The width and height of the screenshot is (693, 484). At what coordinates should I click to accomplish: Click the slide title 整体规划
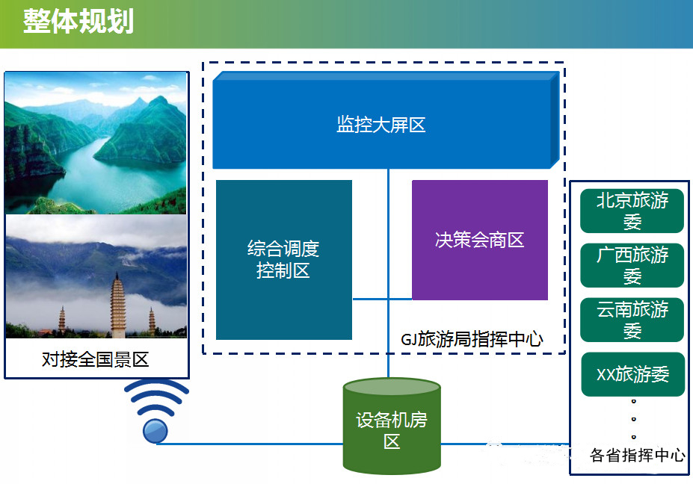point(78,21)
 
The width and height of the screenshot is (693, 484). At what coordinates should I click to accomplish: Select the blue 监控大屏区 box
point(386,120)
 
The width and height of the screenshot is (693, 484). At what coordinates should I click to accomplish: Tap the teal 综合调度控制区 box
point(284,260)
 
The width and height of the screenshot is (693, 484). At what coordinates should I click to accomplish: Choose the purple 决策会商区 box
point(479,240)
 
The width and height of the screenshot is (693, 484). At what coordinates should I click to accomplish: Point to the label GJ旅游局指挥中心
point(472,339)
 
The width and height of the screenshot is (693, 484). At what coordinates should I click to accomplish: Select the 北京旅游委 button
point(632,211)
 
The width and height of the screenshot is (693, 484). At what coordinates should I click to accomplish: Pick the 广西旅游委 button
point(632,265)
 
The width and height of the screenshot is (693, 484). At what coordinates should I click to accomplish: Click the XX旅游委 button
point(632,374)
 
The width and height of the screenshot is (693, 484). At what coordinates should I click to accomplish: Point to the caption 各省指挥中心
point(637,455)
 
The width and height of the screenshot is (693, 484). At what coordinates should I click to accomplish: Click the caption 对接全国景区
point(96,359)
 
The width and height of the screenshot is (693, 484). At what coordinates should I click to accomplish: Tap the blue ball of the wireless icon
point(155,431)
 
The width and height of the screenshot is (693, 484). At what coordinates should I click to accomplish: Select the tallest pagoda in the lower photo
point(117,305)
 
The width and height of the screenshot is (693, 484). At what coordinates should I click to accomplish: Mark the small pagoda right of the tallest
point(152,321)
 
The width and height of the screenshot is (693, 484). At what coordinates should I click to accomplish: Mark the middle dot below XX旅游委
point(633,419)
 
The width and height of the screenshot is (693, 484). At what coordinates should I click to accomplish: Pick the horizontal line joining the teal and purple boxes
point(382,299)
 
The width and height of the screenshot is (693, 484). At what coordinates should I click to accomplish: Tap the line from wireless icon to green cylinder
point(250,444)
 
